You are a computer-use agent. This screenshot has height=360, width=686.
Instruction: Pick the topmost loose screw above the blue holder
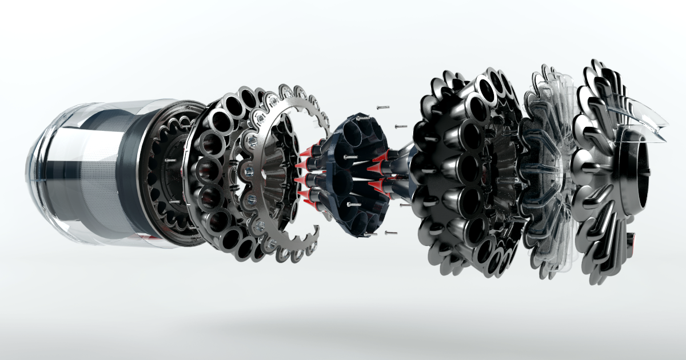pyautogui.click(x=382, y=107)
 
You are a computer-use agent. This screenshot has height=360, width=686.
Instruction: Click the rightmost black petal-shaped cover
pyautogui.click(x=606, y=171)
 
